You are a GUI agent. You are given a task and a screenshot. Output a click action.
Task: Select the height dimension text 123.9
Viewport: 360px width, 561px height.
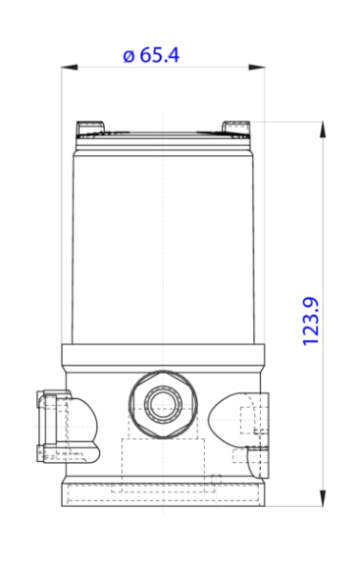pyautogui.click(x=310, y=320)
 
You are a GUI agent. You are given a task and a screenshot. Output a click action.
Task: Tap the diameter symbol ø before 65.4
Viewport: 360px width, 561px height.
pyautogui.click(x=129, y=55)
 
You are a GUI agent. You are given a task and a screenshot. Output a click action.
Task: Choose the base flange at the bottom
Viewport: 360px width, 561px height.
pyautogui.click(x=163, y=492)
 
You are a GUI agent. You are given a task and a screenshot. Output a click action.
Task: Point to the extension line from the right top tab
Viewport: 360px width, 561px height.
pyautogui.click(x=286, y=121)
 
